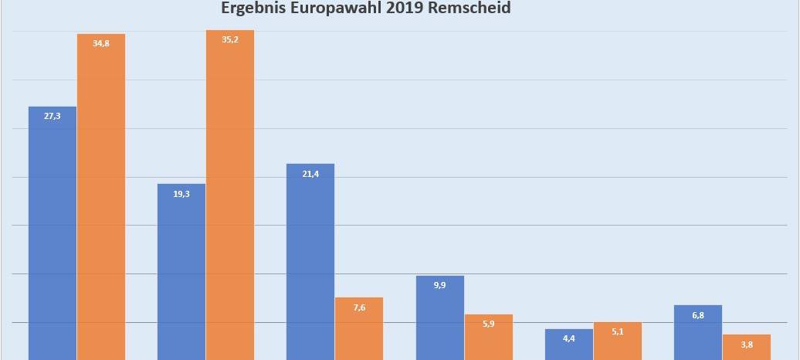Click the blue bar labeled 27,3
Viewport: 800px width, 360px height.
(53, 232)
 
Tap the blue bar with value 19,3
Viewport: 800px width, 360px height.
(181, 270)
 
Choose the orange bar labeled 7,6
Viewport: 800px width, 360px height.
(359, 328)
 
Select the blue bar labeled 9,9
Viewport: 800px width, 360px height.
(440, 317)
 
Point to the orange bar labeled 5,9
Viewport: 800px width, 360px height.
(488, 337)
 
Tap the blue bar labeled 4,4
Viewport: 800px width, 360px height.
(569, 345)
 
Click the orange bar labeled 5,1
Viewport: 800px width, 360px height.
(617, 341)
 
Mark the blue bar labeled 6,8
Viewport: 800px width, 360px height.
(698, 332)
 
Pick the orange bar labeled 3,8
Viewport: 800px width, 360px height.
(746, 347)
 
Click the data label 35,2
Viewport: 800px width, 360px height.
(230, 39)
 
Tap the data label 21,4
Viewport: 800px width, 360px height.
(310, 174)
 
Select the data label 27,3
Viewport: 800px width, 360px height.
(53, 116)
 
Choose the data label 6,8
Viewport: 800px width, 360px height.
(698, 315)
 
